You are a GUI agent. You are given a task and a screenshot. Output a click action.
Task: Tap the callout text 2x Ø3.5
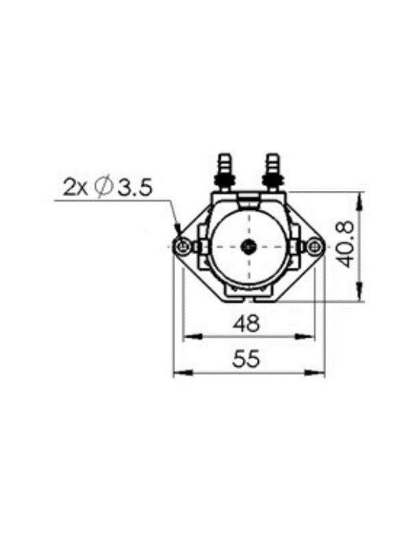point(108,187)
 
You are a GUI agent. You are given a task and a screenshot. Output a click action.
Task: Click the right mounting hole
point(313,247)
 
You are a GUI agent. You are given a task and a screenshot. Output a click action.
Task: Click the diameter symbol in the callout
point(104,187)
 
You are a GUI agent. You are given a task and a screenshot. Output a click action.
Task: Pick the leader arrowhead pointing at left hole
point(178,233)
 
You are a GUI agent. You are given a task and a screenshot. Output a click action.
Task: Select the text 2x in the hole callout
point(75,187)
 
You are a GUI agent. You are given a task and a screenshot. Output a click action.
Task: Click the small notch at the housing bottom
point(247,294)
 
